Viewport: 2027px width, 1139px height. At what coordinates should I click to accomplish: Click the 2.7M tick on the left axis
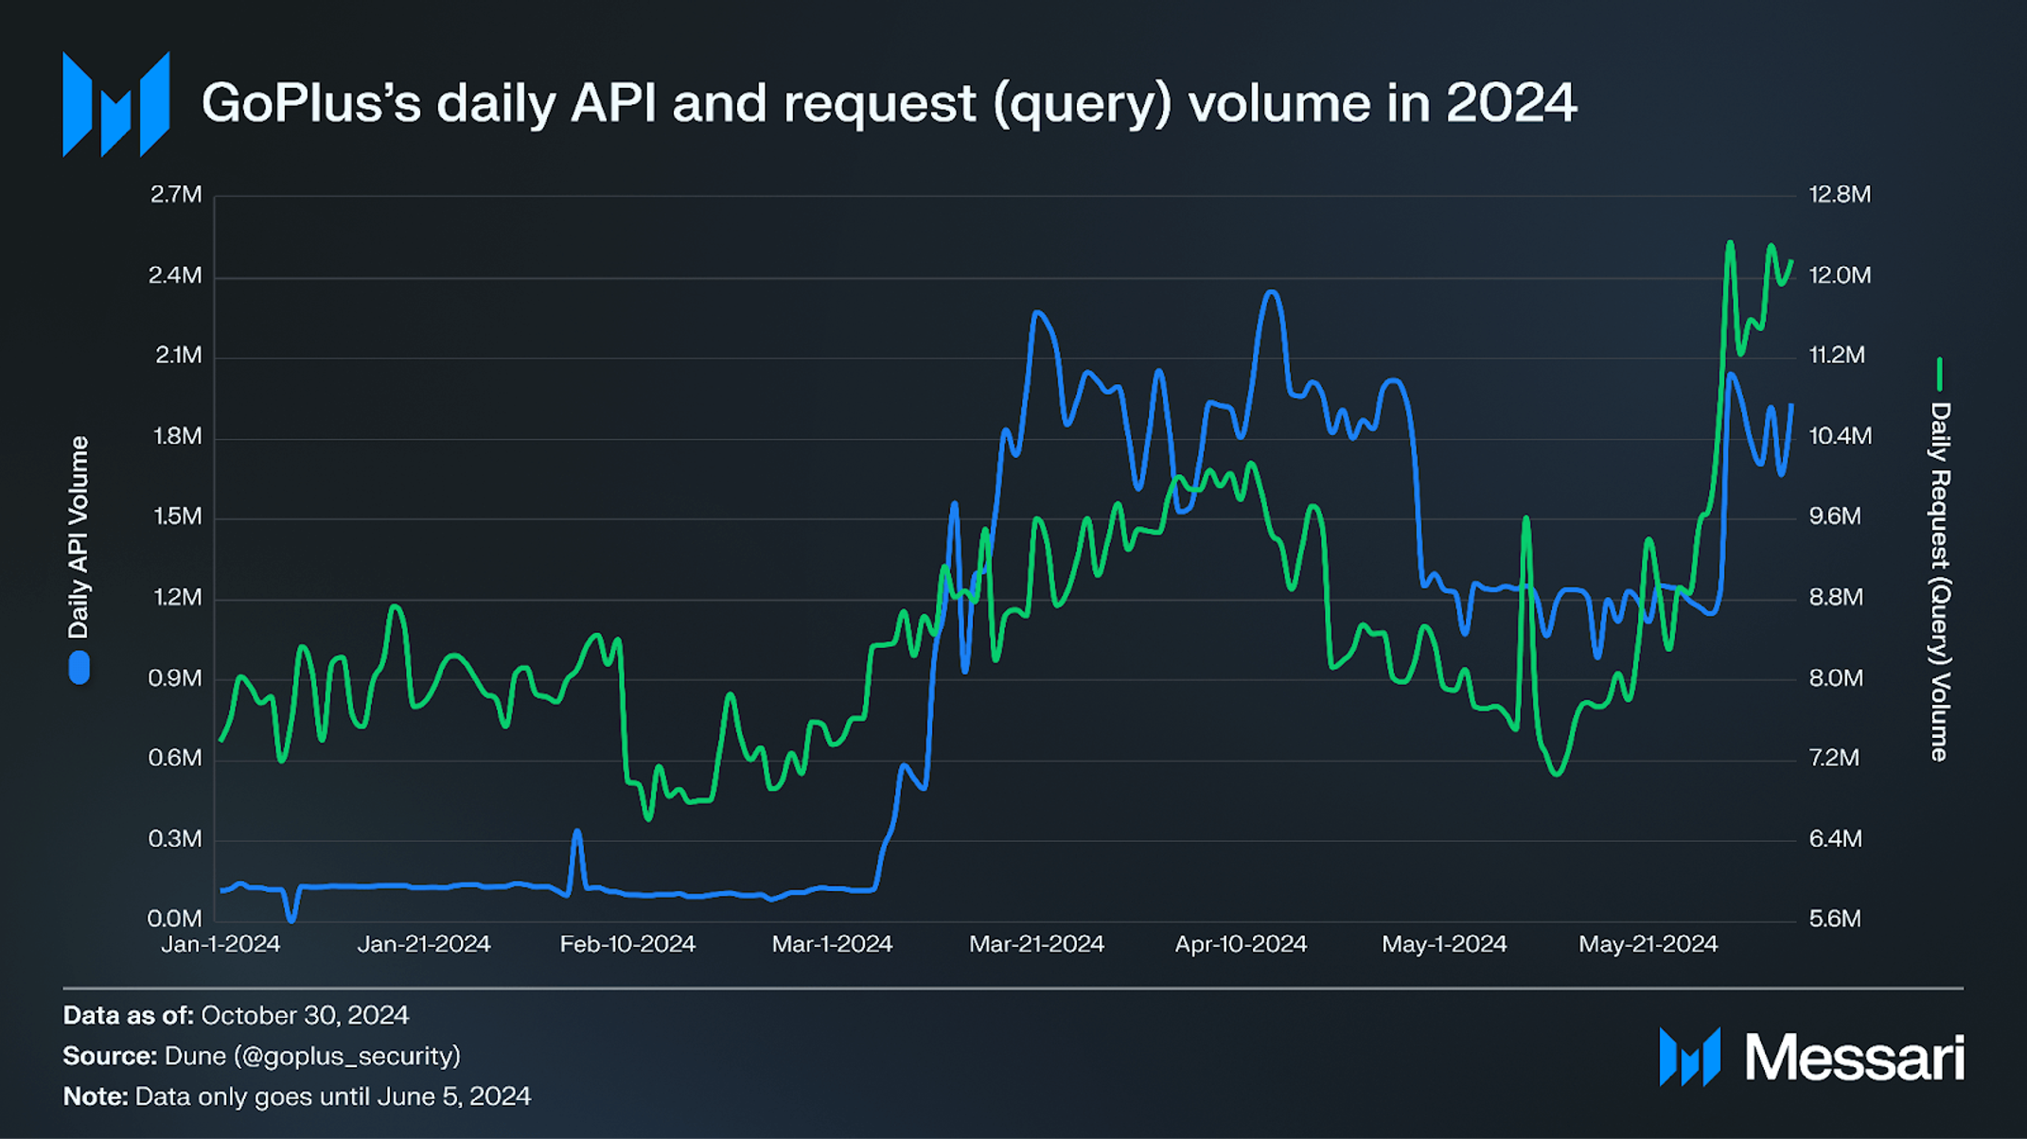(x=176, y=195)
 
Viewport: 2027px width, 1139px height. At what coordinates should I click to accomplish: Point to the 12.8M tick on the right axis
(x=1839, y=195)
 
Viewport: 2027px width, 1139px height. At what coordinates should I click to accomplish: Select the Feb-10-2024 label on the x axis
(x=627, y=944)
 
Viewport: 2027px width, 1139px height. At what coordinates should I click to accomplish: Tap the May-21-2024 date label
(x=1648, y=944)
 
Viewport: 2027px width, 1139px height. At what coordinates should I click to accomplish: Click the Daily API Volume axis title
(x=79, y=537)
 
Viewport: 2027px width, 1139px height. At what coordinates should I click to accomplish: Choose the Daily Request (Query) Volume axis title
(x=1940, y=581)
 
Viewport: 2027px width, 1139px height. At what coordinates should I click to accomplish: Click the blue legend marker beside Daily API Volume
(x=79, y=667)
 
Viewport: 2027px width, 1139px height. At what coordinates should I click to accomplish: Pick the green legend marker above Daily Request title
(x=1940, y=374)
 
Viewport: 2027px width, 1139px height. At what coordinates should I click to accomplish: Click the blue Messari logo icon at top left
(x=115, y=104)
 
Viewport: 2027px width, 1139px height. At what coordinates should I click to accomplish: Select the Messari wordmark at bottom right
(x=1853, y=1058)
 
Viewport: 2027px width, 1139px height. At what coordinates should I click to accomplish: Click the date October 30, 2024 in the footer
(x=305, y=1016)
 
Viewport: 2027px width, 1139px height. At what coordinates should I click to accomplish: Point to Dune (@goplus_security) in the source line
(x=312, y=1056)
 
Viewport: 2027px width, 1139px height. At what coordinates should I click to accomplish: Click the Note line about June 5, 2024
(x=296, y=1096)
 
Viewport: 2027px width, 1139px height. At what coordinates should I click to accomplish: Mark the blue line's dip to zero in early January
(x=291, y=918)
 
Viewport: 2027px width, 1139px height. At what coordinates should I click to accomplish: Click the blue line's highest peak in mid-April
(x=1272, y=293)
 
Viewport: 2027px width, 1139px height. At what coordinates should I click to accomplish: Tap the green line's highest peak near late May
(x=1730, y=243)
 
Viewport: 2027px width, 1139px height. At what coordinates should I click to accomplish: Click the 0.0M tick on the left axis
(x=175, y=919)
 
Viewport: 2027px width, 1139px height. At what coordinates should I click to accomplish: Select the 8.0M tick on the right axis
(x=1835, y=678)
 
